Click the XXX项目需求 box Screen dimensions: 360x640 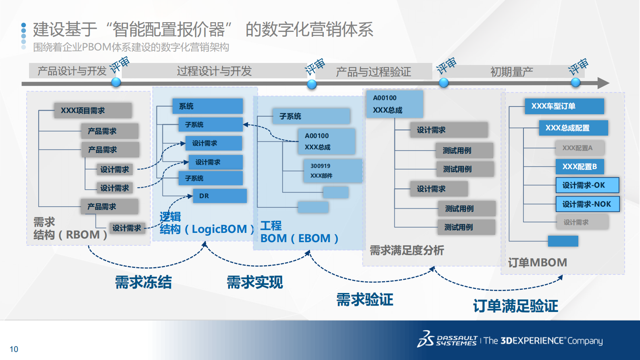pos(93,110)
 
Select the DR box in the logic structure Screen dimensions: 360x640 pos(219,196)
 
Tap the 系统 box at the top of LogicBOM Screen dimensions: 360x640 pos(207,106)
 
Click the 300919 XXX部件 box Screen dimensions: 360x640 pos(333,171)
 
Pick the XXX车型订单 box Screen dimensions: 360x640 pos(564,106)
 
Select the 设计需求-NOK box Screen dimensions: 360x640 pos(587,204)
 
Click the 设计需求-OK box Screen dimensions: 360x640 pos(587,185)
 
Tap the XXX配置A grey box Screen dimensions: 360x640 pos(580,148)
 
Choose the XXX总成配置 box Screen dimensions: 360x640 pos(573,128)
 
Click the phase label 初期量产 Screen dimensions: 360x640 pos(511,72)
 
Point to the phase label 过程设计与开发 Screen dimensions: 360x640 pos(214,71)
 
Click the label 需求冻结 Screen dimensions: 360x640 pos(143,282)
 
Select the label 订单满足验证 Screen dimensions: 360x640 pos(515,306)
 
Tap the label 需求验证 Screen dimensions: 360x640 pos(365,299)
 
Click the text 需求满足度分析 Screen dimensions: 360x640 pos(407,250)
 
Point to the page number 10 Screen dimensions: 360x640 pos(14,349)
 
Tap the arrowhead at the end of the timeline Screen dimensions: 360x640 pos(603,83)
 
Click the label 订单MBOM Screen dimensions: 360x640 pos(537,263)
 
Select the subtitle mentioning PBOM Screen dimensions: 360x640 pos(131,47)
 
